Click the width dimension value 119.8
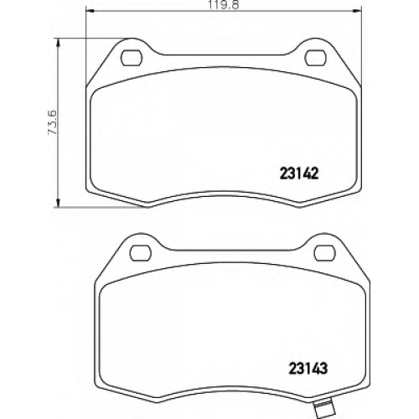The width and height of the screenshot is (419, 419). pos(222,5)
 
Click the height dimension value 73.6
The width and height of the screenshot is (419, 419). pos(53,122)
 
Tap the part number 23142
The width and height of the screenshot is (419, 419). pos(299,174)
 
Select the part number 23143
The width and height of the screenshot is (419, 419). pos(308,369)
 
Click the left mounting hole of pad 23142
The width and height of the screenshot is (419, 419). pos(132,58)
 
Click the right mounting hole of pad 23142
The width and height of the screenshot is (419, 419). pos(315,58)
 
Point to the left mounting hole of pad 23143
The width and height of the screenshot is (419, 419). pos(141,252)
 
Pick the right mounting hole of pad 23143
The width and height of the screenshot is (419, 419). pos(324,252)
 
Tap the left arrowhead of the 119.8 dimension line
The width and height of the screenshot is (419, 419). pos(89,11)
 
